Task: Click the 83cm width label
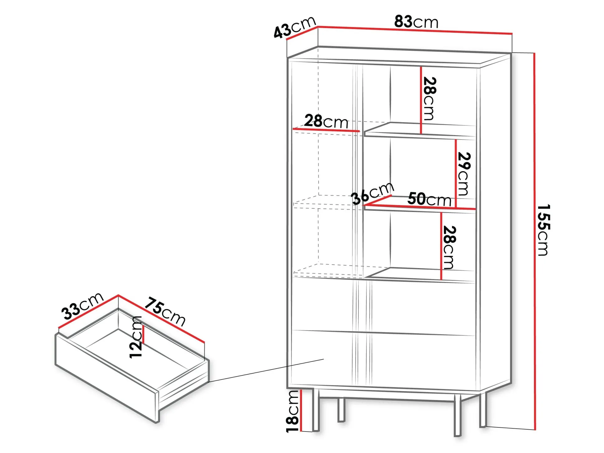tap(416, 21)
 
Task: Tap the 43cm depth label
tap(295, 27)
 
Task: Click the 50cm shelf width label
tap(429, 199)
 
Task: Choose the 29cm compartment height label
tap(464, 174)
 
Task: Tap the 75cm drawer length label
tap(165, 312)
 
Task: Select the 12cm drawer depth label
tap(136, 337)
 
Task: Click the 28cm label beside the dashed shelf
tap(326, 121)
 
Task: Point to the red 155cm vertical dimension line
tap(535, 241)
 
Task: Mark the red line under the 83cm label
tap(415, 30)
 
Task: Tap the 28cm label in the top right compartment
tap(430, 99)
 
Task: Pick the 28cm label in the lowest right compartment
tap(449, 248)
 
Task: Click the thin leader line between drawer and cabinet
tap(266, 370)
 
